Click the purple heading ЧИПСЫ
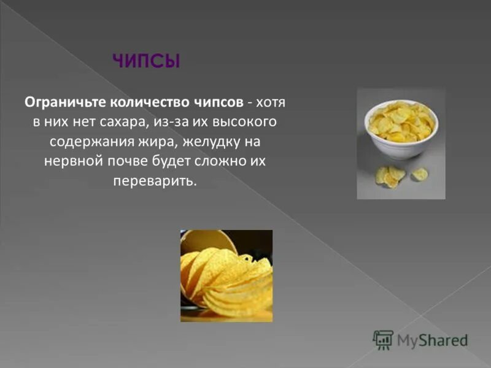(x=146, y=61)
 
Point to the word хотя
(x=271, y=101)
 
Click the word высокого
(x=249, y=121)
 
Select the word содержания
(x=85, y=142)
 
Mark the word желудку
(x=209, y=142)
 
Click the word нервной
(x=69, y=162)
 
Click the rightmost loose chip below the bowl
(x=420, y=174)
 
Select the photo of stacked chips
(x=226, y=276)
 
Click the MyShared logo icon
(x=383, y=340)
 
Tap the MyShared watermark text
(x=432, y=340)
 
